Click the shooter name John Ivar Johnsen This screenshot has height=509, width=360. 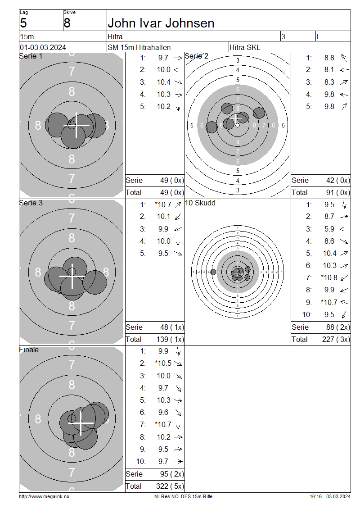(x=161, y=23)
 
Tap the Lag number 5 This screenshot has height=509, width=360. (x=23, y=23)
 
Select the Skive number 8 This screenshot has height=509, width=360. (x=67, y=23)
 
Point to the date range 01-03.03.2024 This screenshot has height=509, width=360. (x=43, y=47)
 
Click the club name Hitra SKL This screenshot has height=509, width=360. (x=244, y=47)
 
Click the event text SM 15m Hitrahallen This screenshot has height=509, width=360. (x=139, y=47)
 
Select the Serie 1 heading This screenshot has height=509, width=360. (x=31, y=56)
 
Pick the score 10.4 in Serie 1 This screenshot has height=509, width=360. (x=163, y=82)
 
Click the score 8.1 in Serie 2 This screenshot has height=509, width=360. (x=329, y=70)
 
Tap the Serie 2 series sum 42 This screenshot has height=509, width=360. (x=330, y=181)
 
